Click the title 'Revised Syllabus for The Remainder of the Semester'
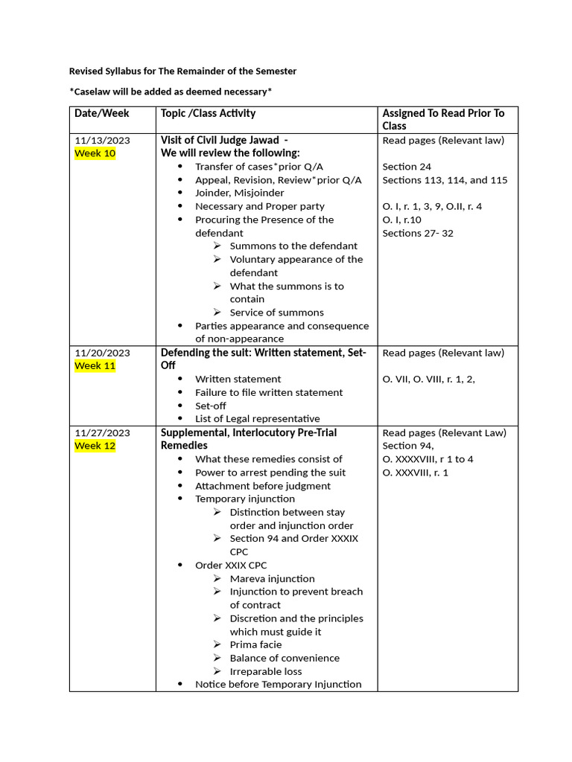182,71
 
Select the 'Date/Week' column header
101,113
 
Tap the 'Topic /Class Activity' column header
208,113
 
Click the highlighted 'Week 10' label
95,153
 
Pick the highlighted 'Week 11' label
95,366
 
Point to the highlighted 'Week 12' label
95,446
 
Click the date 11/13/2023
102,140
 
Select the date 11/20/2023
102,353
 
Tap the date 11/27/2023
102,432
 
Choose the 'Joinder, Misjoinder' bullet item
239,193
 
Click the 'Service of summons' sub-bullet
276,313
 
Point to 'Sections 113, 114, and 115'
445,180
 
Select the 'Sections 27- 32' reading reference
417,233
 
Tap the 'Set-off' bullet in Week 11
210,406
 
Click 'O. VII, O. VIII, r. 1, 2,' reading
428,379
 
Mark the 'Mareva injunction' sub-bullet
272,578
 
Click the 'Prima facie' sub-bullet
255,644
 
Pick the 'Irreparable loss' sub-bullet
265,671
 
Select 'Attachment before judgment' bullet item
263,486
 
